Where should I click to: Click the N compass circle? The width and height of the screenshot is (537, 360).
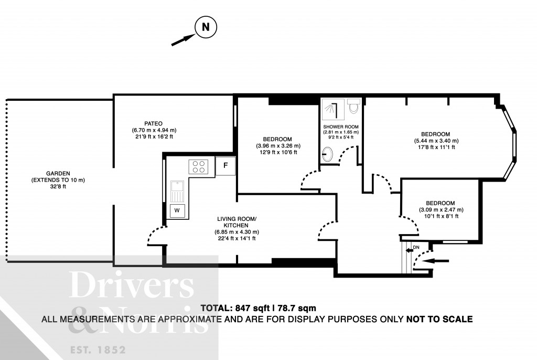(x=206, y=28)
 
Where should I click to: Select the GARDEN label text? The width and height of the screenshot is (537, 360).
(x=57, y=174)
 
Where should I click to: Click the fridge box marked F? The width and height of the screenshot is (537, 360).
(x=225, y=166)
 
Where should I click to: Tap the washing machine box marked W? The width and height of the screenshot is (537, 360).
(x=177, y=210)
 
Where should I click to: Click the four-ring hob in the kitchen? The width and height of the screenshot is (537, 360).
(x=199, y=166)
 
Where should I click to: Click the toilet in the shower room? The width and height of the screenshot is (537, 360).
(x=353, y=107)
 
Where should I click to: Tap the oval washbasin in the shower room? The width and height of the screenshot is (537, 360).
(x=327, y=154)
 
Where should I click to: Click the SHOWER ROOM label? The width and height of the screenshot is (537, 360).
(x=341, y=126)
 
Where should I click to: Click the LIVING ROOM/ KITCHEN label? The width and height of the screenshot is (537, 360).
(x=237, y=221)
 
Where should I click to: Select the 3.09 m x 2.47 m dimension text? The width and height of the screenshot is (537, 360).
(x=441, y=210)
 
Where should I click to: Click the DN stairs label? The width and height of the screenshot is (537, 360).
(x=416, y=246)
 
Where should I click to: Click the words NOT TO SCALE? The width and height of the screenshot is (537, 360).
(x=439, y=319)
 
